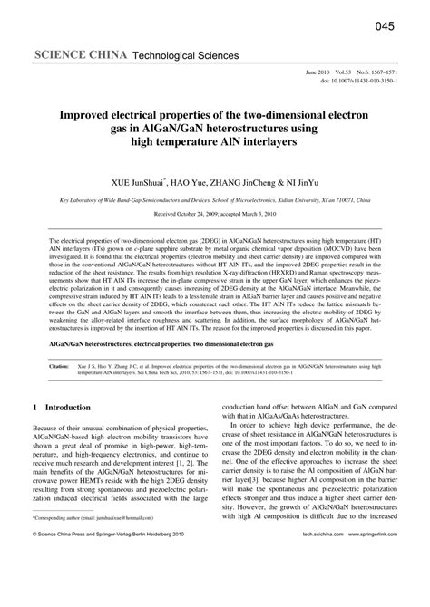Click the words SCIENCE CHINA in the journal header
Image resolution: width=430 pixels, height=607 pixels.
tap(82, 56)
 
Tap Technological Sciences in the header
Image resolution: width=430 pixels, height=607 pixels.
tap(185, 56)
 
